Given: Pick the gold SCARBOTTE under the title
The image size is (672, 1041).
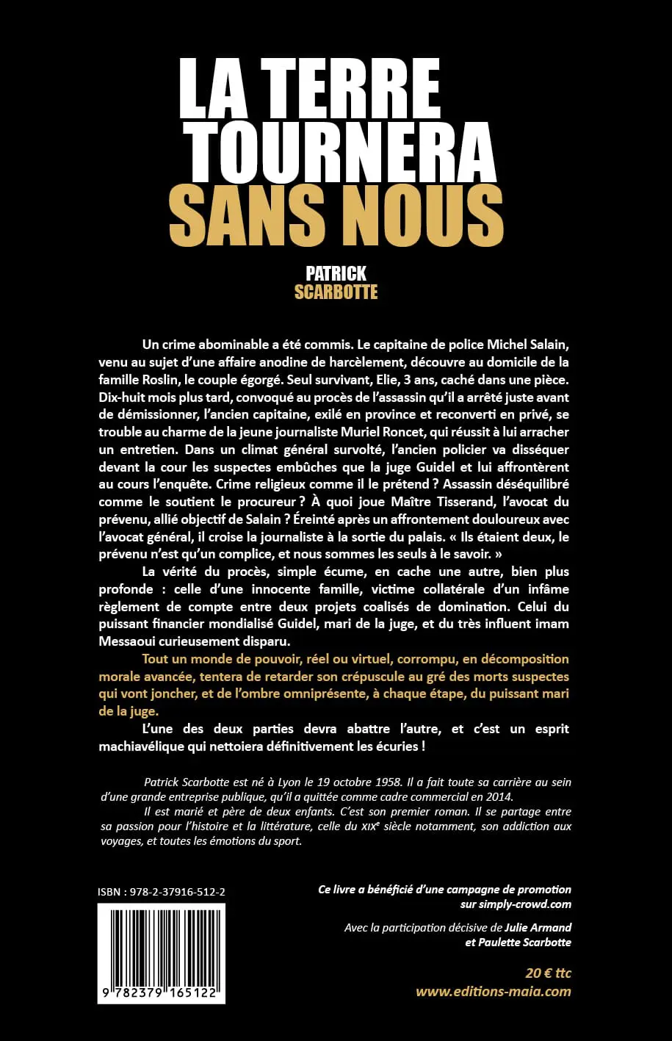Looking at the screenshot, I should (336, 292).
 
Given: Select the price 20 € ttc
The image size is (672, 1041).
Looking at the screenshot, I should (548, 973).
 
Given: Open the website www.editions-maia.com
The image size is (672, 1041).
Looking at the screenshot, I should (493, 991).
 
